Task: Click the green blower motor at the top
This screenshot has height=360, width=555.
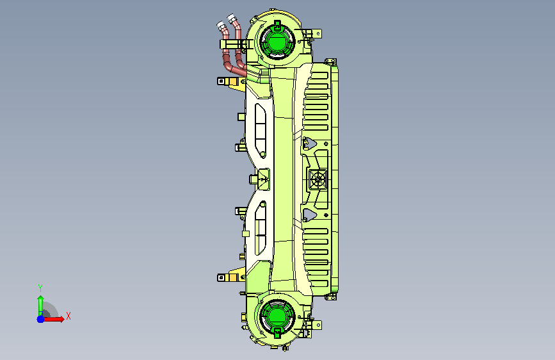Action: click(x=277, y=41)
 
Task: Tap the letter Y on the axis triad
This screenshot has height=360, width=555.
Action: click(x=40, y=288)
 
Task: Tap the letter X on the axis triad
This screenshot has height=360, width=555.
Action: click(x=68, y=316)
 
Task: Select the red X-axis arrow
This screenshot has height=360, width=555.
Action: click(x=53, y=319)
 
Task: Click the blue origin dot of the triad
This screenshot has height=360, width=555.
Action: click(x=41, y=319)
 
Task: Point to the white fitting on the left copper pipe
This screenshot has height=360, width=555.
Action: click(x=221, y=26)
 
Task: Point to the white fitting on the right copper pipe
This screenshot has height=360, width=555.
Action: click(x=232, y=19)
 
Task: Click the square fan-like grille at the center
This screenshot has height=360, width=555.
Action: click(x=318, y=179)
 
